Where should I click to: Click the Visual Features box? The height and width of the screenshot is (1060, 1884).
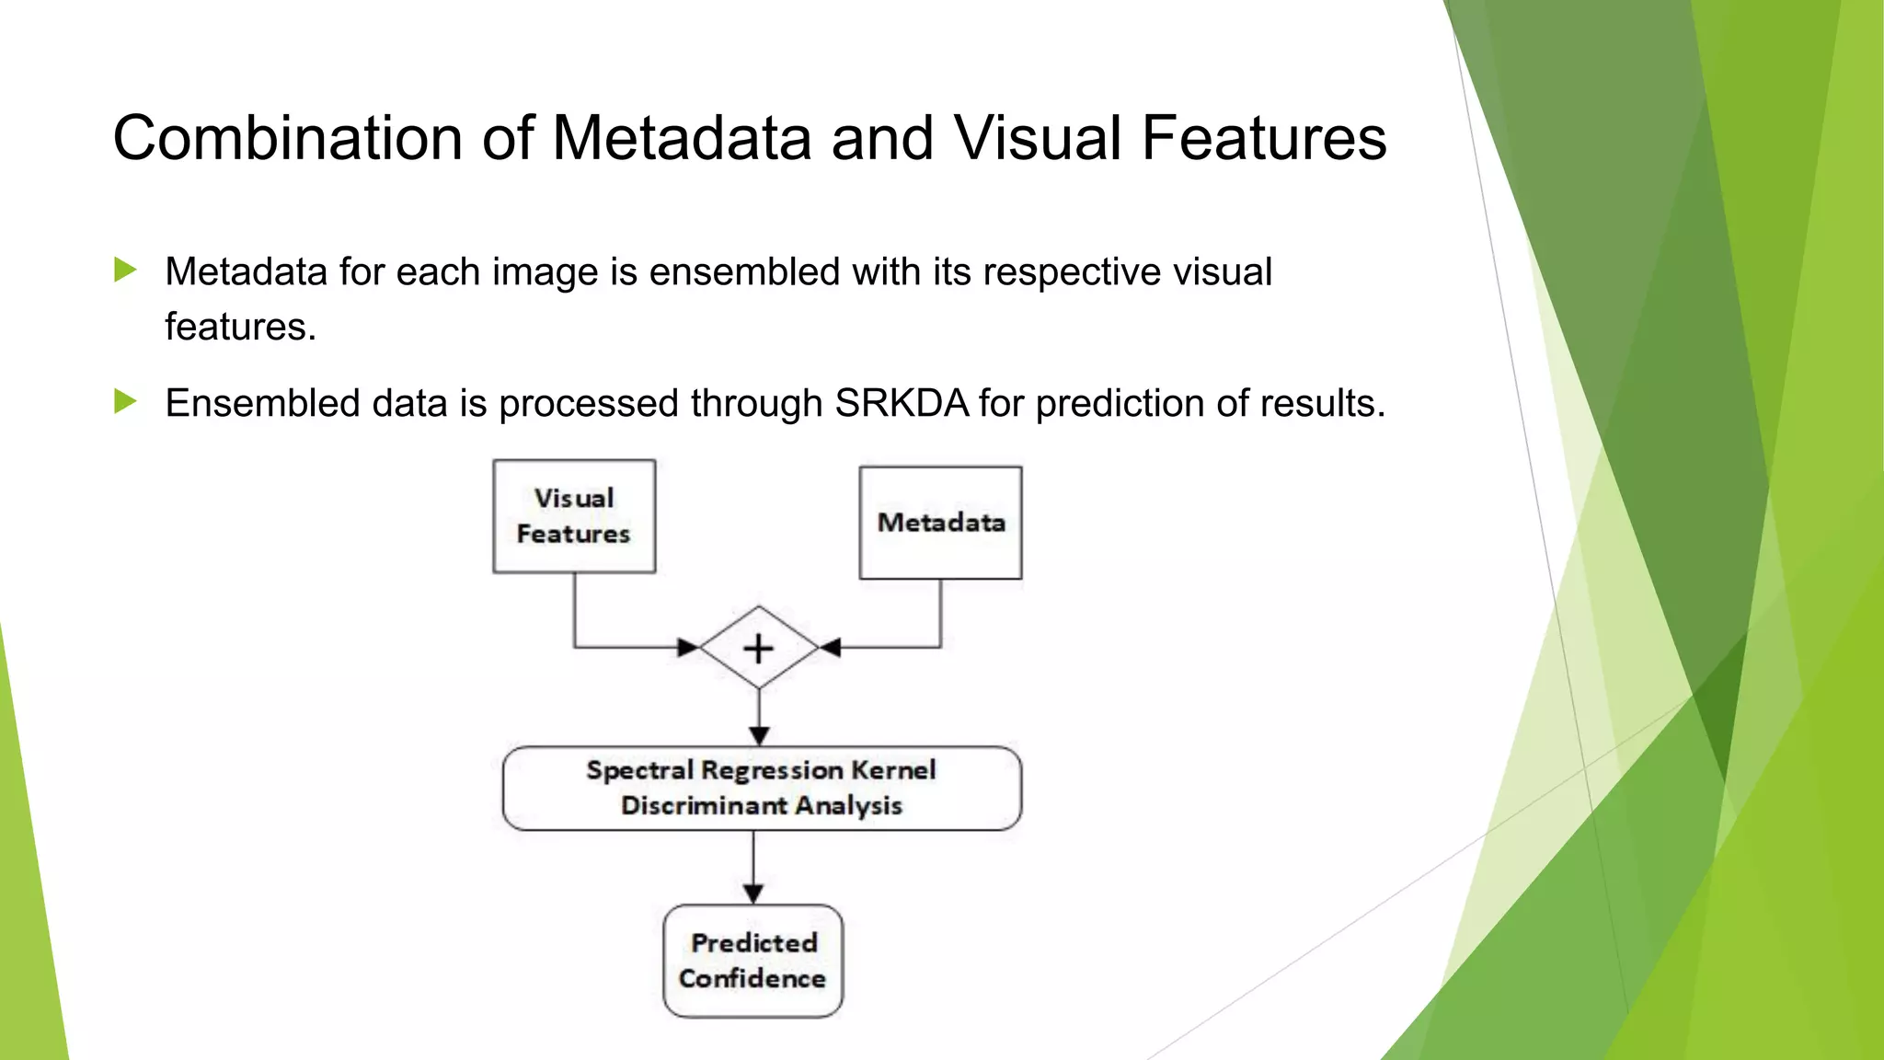coord(574,516)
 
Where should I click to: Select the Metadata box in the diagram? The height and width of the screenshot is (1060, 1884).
coord(940,523)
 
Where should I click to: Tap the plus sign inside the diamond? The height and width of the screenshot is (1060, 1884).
coord(758,649)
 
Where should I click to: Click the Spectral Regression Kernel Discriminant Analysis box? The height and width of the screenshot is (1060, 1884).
coord(762,788)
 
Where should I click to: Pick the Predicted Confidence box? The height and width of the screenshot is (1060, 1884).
coord(752,961)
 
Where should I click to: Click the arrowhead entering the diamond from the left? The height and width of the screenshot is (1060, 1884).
coord(688,648)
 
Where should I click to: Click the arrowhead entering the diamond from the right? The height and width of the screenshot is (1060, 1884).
coord(830,648)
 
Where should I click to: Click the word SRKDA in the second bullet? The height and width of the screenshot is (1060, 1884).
coord(902,403)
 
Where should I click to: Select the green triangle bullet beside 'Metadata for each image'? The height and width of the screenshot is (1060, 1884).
coord(125,270)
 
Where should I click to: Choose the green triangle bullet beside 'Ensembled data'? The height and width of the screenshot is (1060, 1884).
coord(125,401)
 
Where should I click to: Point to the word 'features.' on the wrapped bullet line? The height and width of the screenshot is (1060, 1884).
coord(240,328)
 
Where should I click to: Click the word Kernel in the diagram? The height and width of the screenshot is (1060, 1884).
coord(893,770)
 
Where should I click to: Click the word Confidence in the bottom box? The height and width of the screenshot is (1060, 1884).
coord(752,978)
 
